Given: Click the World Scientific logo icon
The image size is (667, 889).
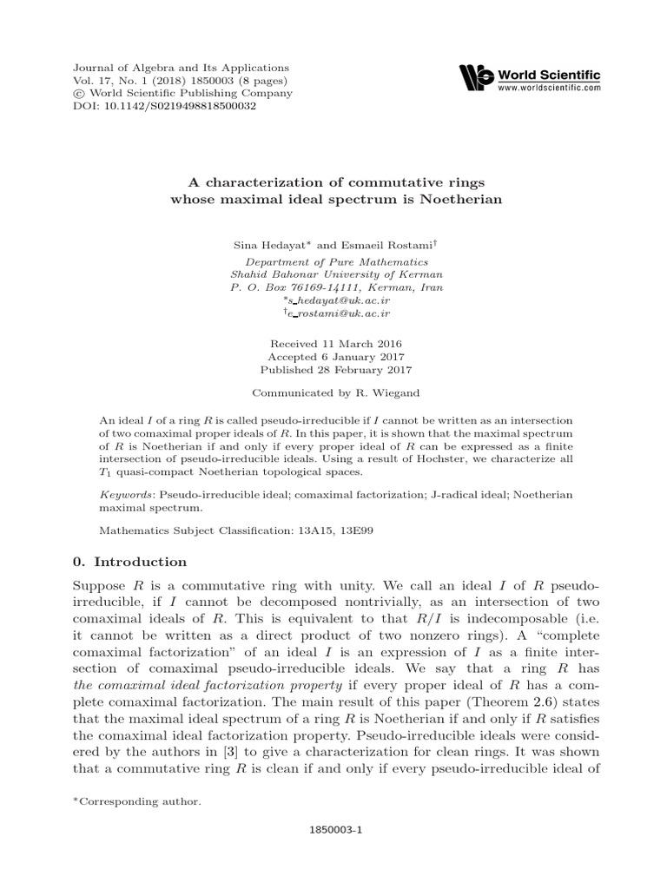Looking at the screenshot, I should coord(477,77).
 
